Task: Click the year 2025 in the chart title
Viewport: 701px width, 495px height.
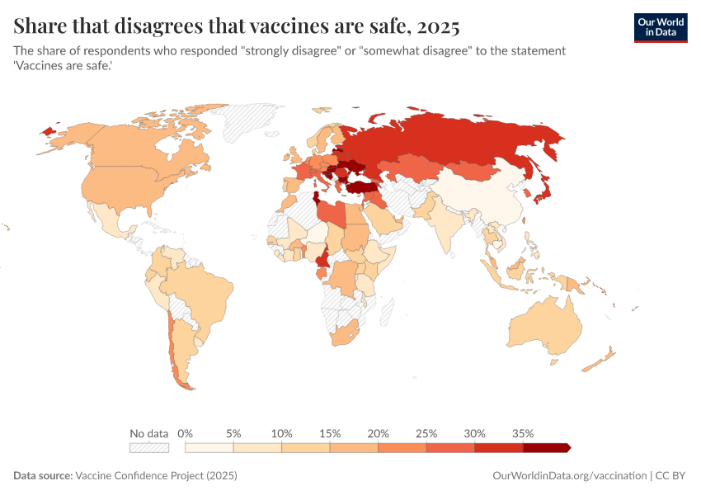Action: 439,26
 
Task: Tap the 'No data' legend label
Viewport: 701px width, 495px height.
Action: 148,433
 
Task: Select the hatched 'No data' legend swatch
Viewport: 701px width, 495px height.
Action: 148,447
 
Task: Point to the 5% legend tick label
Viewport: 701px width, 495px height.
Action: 233,433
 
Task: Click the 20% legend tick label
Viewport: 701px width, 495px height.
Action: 379,433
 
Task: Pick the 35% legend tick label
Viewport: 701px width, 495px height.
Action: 523,433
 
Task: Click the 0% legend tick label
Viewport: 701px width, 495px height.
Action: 186,433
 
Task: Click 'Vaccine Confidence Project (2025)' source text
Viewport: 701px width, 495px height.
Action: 156,476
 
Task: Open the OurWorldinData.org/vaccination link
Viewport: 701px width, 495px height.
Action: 568,476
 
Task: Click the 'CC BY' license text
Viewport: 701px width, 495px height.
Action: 672,476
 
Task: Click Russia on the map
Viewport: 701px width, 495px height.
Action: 462,140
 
